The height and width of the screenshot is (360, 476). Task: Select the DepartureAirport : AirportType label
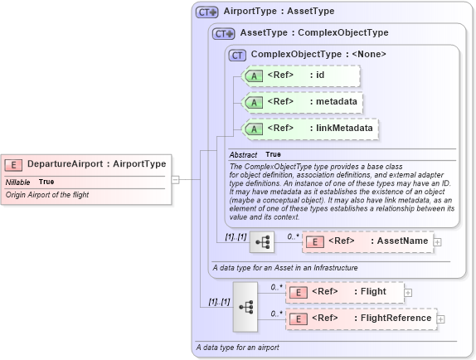tap(96, 164)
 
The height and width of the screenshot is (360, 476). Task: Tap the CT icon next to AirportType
tap(206, 12)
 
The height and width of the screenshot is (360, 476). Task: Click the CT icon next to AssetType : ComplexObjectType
tap(224, 33)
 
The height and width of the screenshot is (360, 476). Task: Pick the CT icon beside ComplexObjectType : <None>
tap(238, 55)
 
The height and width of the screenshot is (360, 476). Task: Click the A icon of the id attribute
tap(255, 76)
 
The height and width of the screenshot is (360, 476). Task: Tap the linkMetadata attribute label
tap(342, 129)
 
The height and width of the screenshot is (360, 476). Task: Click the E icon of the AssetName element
tap(315, 241)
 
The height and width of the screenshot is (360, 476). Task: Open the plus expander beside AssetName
tap(438, 241)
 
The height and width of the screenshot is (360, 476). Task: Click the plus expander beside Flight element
tap(408, 292)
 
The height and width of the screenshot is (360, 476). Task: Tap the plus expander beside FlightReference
tap(441, 319)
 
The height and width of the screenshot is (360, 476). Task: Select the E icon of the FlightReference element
tap(299, 319)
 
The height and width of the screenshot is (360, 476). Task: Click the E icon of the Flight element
tap(299, 292)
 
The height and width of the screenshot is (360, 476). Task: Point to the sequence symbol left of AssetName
tap(262, 242)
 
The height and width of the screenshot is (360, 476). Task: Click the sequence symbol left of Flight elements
tap(246, 305)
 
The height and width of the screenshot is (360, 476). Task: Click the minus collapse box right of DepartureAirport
tap(176, 178)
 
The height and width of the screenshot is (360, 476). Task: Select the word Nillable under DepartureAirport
tap(18, 182)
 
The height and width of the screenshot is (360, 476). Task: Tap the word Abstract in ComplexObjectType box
tap(243, 154)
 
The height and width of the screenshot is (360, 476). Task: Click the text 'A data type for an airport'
tap(237, 347)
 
